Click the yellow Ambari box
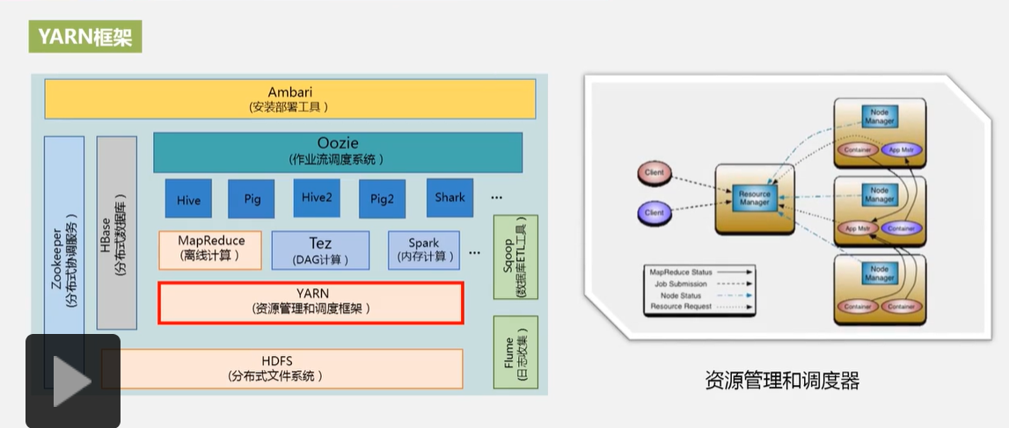290,98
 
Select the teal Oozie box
338,152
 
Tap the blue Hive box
188,199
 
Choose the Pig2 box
382,199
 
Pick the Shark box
450,198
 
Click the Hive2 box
317,199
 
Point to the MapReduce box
211,249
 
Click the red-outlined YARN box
311,302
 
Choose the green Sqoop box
515,256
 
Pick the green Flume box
515,352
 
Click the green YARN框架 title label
85,37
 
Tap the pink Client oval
654,173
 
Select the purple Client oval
654,213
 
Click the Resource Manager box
755,199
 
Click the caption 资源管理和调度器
781,381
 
